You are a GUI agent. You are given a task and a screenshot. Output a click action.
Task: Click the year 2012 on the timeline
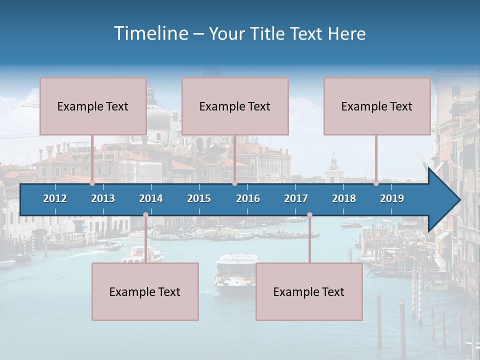coord(55,198)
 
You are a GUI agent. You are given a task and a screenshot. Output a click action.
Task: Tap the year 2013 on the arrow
coord(103,198)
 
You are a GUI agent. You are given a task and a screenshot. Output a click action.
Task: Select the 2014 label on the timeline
coord(151,198)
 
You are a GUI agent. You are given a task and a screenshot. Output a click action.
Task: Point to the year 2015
coord(199,198)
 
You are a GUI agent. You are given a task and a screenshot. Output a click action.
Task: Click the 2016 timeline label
coord(248,198)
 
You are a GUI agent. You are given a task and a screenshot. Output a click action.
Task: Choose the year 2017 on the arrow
coord(296,198)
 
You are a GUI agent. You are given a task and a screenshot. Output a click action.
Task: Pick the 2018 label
coord(344,198)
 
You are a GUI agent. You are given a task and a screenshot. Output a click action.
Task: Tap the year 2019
coord(392,198)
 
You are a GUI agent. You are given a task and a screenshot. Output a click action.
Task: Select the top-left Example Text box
coord(93,106)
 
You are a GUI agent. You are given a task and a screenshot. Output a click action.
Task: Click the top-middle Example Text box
coord(235,106)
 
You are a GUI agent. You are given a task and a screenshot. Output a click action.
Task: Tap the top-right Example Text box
coord(377,106)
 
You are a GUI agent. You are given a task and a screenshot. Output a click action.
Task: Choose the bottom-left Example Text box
coord(145,291)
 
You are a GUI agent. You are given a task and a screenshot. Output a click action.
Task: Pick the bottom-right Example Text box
coord(309,291)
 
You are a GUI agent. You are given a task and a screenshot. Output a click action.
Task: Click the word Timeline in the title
coord(150,33)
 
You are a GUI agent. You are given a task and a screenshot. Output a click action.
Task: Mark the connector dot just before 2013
coord(92,183)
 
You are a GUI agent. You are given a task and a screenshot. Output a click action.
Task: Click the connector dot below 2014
coord(145,215)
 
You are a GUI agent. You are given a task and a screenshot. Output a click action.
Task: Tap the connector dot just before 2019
coord(376,183)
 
